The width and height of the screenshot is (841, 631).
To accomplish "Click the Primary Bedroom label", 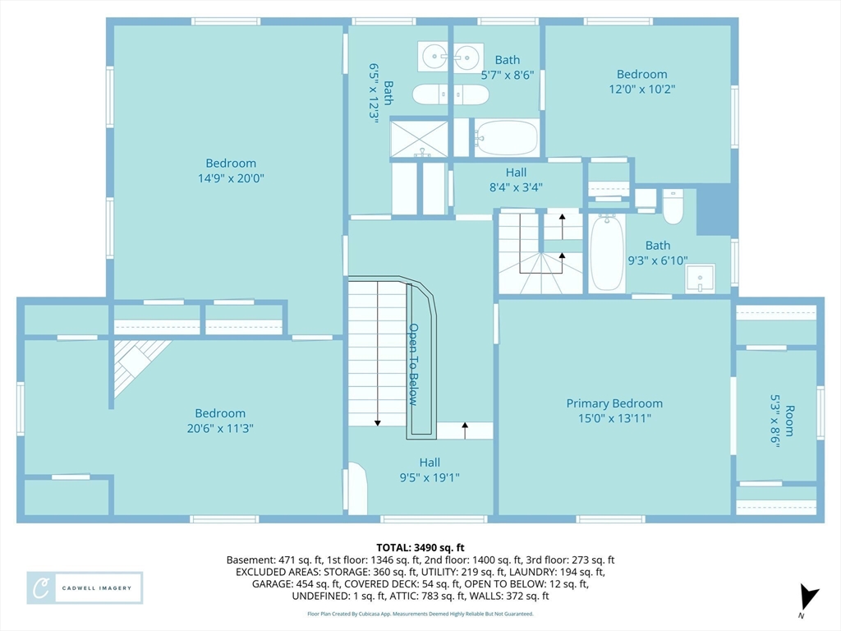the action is pos(614,403).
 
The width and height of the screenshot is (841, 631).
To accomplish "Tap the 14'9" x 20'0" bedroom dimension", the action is pos(231,178).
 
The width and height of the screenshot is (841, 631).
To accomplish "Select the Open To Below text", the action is pos(413,364).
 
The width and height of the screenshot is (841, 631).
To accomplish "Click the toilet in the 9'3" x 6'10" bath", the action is pos(673,206).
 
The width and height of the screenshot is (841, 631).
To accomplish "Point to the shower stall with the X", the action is pos(419,139).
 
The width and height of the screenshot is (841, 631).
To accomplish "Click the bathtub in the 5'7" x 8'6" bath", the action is pos(506,137).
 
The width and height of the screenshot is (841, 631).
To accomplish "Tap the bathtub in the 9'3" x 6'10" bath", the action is pos(607,253).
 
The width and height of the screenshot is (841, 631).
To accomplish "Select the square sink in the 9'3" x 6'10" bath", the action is pos(700,278).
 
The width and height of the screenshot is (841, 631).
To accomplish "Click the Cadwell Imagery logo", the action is pos(85,587).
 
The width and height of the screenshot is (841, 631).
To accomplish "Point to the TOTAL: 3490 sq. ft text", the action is pos(420,548).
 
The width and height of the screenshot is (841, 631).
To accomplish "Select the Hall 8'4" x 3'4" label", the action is pos(516,180).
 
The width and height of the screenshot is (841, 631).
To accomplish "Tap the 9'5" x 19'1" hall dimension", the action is pos(430,477).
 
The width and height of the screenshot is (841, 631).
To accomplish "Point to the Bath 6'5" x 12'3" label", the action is pos(381,94).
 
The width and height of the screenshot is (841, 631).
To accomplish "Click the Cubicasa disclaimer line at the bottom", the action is pos(420,614).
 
